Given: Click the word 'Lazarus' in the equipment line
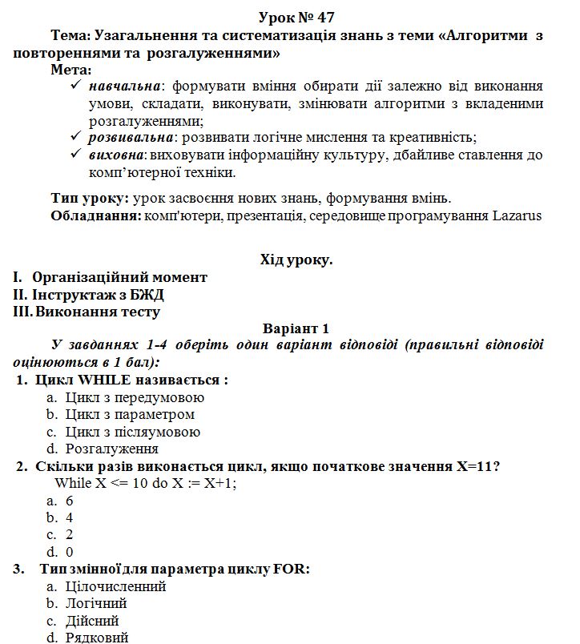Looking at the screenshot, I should pos(517,215).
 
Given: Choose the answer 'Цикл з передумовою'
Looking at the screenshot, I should pos(135,397).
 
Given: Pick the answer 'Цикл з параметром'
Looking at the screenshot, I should pos(130,415).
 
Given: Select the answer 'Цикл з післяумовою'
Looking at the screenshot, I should pos(133,432).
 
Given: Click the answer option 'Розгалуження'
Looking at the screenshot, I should pos(112,449).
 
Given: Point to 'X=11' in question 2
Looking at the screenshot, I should pos(475,466).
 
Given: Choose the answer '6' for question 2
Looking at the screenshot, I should pos(70,501).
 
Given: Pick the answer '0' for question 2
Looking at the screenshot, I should pos(70,552).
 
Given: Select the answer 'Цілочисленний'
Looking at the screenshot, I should pos(115,586).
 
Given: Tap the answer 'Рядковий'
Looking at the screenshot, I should pos(97,638).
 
